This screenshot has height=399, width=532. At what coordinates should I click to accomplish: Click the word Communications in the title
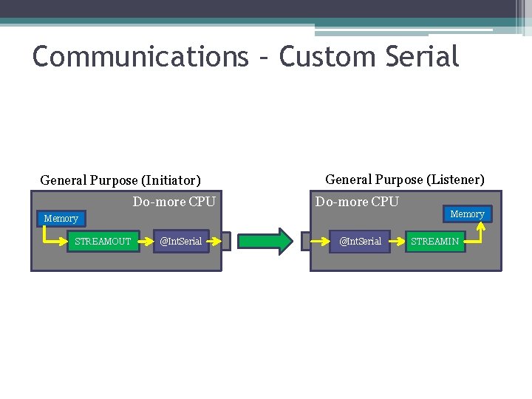tap(140, 57)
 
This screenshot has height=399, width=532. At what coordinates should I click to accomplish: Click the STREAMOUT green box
tap(103, 242)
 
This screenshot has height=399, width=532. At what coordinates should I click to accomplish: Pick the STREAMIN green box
tap(434, 242)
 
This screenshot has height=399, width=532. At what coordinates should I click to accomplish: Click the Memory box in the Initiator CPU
tap(61, 219)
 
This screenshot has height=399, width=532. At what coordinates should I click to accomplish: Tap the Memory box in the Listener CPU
tap(467, 214)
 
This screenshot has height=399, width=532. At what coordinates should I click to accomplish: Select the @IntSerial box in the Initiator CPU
tap(180, 242)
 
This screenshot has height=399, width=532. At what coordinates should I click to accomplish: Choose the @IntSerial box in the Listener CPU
tap(360, 242)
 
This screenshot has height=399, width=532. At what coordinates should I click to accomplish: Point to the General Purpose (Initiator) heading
tap(120, 180)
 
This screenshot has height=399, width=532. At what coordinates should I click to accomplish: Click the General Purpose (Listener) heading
tap(405, 180)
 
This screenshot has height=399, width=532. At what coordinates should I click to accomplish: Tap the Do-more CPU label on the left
tap(174, 202)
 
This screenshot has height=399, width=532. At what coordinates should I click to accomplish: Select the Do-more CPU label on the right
tap(357, 202)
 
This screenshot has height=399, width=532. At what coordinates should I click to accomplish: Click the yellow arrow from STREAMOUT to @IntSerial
tap(148, 242)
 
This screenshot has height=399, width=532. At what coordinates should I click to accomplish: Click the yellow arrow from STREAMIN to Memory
tap(479, 235)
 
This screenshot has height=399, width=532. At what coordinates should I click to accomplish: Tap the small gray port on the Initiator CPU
tap(225, 242)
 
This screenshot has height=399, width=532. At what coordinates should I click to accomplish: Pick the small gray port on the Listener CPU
tap(306, 242)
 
